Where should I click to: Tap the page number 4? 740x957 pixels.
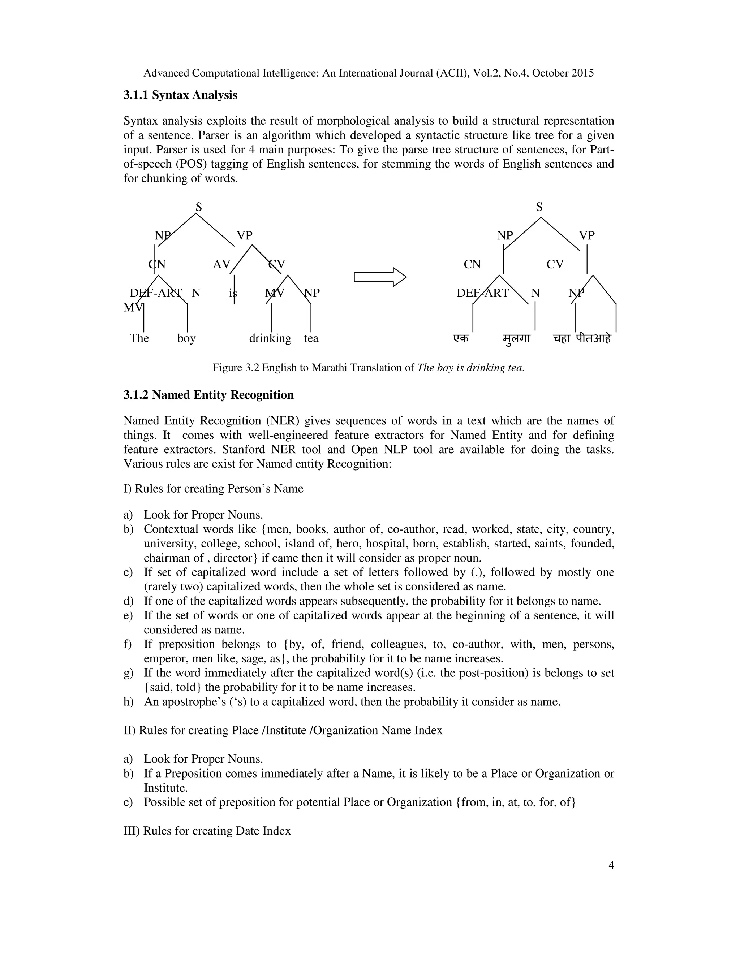pyautogui.click(x=611, y=865)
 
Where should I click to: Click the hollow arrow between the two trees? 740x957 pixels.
pyautogui.click(x=380, y=277)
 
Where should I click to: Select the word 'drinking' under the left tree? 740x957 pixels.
pyautogui.click(x=270, y=338)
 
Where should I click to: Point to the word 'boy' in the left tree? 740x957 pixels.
pyautogui.click(x=186, y=338)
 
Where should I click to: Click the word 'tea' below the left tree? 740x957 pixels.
pyautogui.click(x=311, y=338)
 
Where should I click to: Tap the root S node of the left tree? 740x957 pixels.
pyautogui.click(x=199, y=207)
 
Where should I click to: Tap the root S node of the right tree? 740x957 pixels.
pyautogui.click(x=539, y=207)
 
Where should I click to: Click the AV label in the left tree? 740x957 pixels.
pyautogui.click(x=221, y=264)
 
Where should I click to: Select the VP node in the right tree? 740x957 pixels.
pyautogui.click(x=586, y=235)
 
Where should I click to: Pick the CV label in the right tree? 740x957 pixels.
pyautogui.click(x=555, y=264)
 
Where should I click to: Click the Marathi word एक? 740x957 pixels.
pyautogui.click(x=461, y=338)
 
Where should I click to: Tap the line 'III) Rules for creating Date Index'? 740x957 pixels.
pyautogui.click(x=207, y=831)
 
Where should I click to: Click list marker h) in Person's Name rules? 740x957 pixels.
pyautogui.click(x=128, y=702)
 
